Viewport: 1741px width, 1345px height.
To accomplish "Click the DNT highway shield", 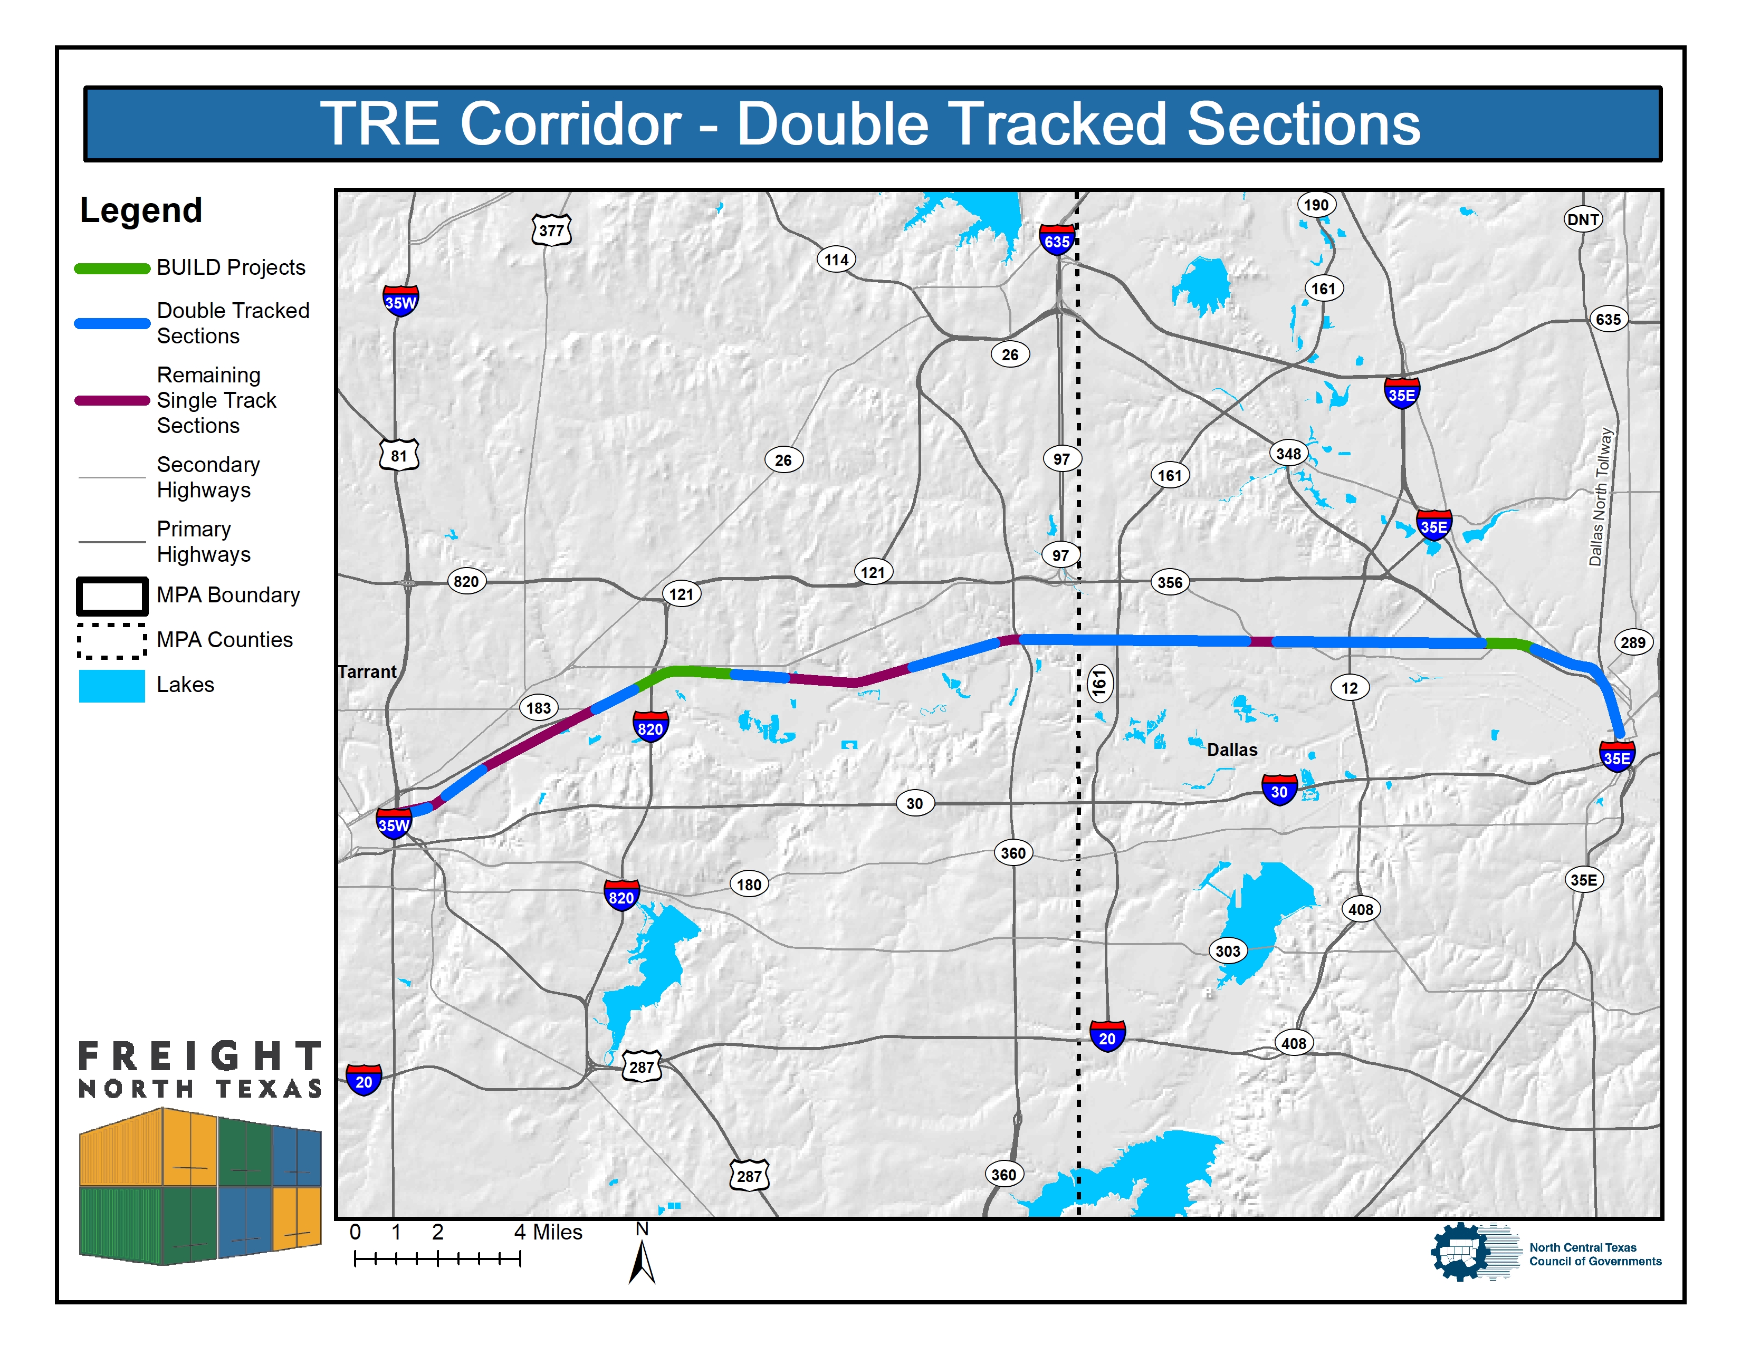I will pos(1582,219).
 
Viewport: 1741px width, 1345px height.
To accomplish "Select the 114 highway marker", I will pos(836,259).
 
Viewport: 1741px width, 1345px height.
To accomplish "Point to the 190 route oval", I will pos(1316,205).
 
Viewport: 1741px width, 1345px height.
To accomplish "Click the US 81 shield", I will pos(398,455).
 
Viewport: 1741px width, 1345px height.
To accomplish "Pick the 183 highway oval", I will pos(538,707).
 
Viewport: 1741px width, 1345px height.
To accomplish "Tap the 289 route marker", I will pos(1633,642).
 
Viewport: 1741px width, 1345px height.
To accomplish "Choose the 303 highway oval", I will pos(1228,950).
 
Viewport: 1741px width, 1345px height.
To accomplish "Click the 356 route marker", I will pos(1170,582).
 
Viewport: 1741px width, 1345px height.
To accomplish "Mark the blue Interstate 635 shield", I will pos(1057,240).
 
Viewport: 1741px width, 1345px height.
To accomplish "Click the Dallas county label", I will pos(1231,750).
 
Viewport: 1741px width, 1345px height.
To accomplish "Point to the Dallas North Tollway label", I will pos(1601,497).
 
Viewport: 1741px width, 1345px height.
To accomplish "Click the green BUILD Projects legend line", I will pos(112,268).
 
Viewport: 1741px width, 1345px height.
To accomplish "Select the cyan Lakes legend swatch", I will pos(112,685).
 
